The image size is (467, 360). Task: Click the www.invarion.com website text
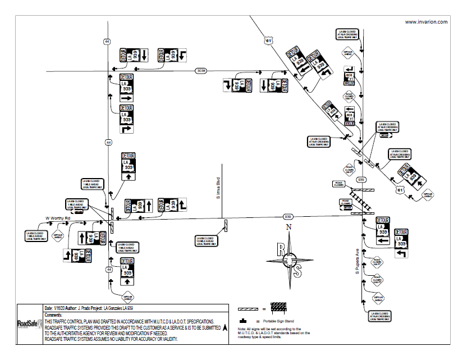(x=426, y=22)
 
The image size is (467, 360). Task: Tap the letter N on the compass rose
(x=289, y=227)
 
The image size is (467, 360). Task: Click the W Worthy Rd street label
(x=56, y=218)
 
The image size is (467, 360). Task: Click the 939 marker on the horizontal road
(x=289, y=216)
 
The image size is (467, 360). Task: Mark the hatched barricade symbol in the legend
(x=279, y=308)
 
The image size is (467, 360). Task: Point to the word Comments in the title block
(x=54, y=316)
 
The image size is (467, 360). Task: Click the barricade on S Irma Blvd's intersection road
(x=225, y=226)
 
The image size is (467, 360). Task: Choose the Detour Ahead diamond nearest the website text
(x=348, y=54)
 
